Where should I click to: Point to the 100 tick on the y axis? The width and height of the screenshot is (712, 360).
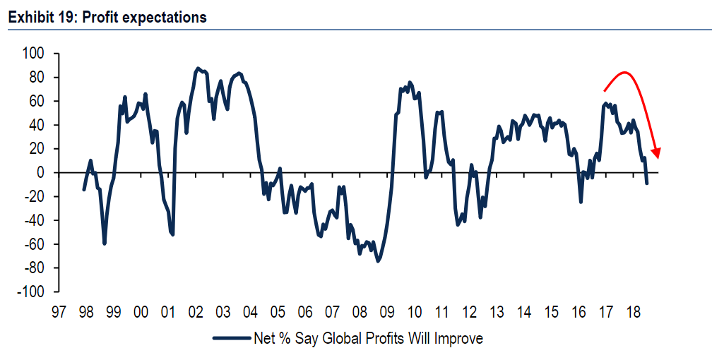(x=33, y=54)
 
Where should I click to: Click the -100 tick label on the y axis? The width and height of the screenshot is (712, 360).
(x=30, y=292)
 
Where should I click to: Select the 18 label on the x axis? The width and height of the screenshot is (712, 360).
(x=633, y=311)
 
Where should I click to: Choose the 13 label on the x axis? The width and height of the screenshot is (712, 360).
(x=496, y=311)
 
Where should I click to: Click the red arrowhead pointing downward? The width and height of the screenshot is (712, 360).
(x=657, y=153)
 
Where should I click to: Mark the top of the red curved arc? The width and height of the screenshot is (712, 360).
(x=624, y=72)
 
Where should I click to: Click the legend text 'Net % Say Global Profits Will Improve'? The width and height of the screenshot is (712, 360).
(x=368, y=339)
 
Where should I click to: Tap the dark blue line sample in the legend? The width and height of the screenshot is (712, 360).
(x=232, y=339)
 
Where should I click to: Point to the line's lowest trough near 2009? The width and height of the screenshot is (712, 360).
(x=378, y=261)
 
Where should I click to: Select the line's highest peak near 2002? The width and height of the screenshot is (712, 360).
(x=198, y=68)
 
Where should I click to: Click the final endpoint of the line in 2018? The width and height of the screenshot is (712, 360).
(x=647, y=184)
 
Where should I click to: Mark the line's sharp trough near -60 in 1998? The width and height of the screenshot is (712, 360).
(x=105, y=244)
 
